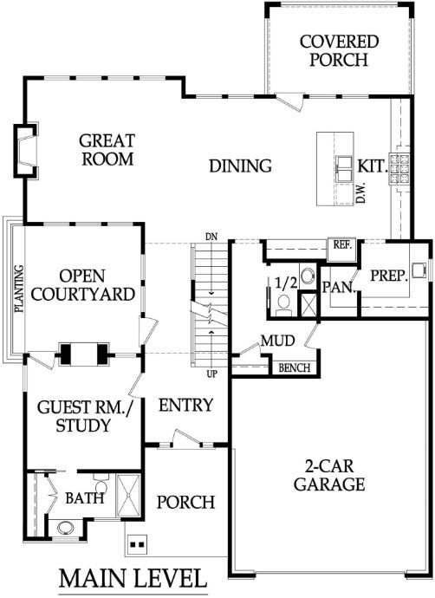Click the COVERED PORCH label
tap(339, 51)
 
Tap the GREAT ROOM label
tap(107, 150)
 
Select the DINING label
tap(241, 166)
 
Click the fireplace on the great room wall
tap(26, 151)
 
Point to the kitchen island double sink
tap(345, 169)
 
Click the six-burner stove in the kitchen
tap(399, 169)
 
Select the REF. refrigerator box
tap(342, 250)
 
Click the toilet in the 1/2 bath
tap(283, 305)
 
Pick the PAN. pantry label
tap(339, 287)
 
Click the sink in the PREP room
tap(419, 269)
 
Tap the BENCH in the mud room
tap(295, 367)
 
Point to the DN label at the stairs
tap(211, 237)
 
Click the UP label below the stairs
tap(212, 374)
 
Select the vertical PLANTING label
tap(19, 289)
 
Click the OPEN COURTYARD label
tap(83, 285)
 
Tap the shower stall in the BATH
tap(128, 496)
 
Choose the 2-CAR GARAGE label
tap(329, 475)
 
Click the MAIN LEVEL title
tap(133, 579)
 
